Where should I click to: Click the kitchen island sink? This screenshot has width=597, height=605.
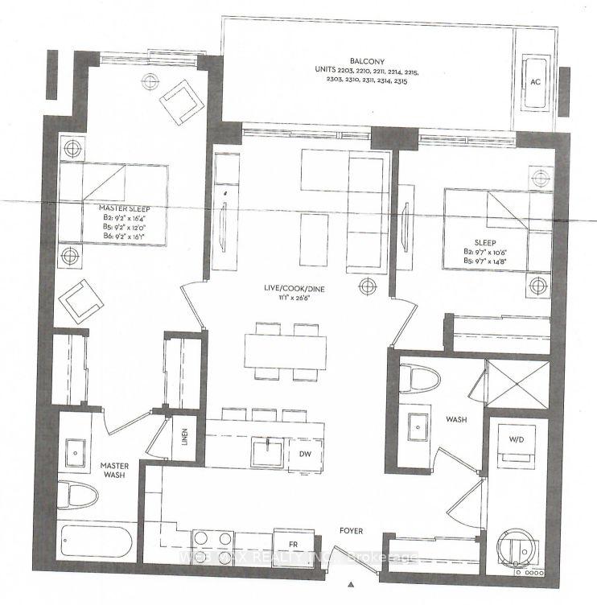pos(265,451)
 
